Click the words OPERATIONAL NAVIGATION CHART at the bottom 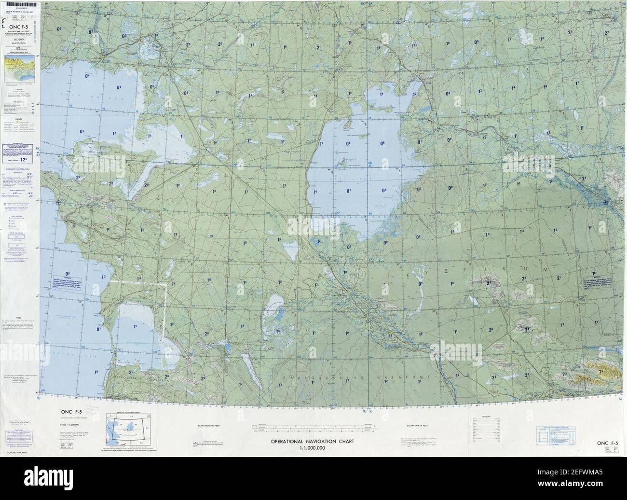click(313, 441)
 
